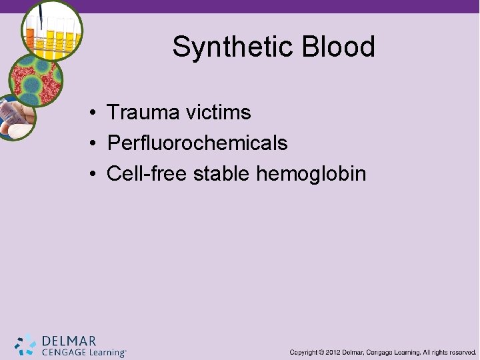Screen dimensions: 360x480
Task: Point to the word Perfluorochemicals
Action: tap(197, 143)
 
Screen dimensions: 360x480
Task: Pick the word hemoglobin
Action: tap(311, 175)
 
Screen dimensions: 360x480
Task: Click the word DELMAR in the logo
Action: tap(69, 340)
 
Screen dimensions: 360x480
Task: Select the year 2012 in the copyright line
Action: tap(335, 352)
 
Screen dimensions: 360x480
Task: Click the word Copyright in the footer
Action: tap(303, 352)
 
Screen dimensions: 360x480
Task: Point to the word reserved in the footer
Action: tap(462, 352)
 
